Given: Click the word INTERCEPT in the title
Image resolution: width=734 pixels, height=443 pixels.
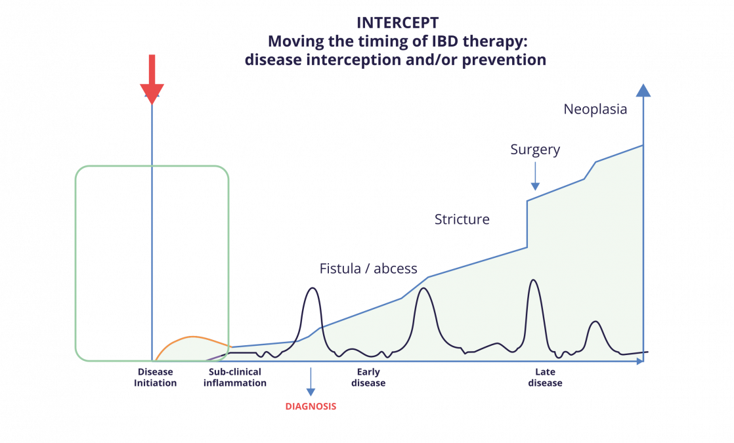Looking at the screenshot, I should point(397,22).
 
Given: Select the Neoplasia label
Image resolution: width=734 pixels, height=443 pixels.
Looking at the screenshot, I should point(595,109).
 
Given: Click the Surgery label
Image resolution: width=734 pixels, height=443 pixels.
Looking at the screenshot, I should point(535,150).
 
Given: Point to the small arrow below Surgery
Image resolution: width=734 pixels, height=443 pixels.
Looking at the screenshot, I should point(536,177).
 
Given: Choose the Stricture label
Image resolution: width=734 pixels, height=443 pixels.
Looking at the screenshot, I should point(462,219).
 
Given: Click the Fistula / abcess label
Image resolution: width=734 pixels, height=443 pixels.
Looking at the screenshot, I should point(368,268).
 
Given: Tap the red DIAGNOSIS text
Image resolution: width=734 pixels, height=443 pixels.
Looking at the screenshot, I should point(311,406).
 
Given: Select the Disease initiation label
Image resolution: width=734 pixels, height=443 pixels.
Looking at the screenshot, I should point(156,377).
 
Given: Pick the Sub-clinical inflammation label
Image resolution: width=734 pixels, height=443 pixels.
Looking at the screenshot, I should point(234,377).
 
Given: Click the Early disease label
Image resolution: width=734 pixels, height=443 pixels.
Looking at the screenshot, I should point(368,377).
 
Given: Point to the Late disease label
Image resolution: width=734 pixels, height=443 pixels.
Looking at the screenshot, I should point(545,377).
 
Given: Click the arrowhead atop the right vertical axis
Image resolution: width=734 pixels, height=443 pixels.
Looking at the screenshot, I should point(643,90).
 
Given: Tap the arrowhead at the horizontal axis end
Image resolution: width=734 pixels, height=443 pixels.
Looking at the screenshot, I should point(641,361).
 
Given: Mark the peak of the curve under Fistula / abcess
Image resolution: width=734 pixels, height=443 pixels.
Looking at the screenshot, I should point(313,288).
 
